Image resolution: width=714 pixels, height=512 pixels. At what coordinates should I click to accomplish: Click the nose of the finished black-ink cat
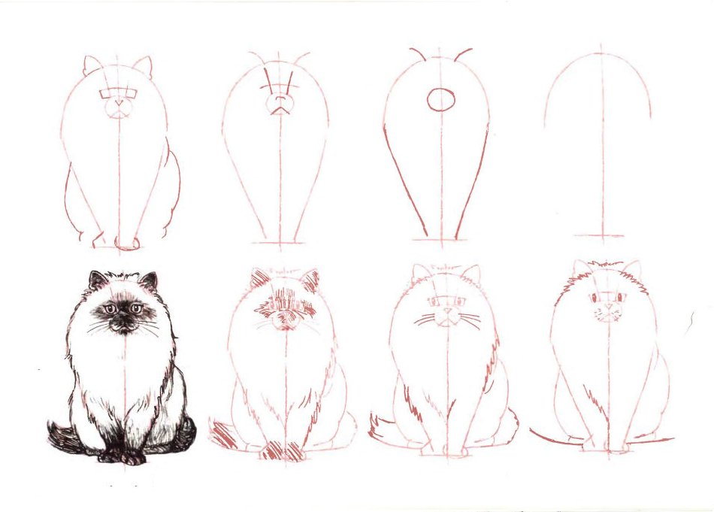point(122,318)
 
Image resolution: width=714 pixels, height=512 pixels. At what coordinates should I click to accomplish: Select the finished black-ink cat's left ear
point(97,280)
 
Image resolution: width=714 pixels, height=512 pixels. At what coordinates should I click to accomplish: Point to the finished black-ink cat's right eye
point(136,308)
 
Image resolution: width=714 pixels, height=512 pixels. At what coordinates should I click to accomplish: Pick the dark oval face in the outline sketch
point(440,99)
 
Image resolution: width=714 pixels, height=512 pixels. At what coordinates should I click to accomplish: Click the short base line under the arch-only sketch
point(601,235)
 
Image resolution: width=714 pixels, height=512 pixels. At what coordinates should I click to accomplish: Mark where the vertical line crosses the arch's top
point(601,53)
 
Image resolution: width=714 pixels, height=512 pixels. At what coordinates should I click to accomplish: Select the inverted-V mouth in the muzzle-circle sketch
point(280,109)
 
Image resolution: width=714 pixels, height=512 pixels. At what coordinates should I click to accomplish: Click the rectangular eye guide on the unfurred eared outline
point(120,94)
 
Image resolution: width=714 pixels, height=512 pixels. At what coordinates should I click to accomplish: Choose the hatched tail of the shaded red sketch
point(223,435)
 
